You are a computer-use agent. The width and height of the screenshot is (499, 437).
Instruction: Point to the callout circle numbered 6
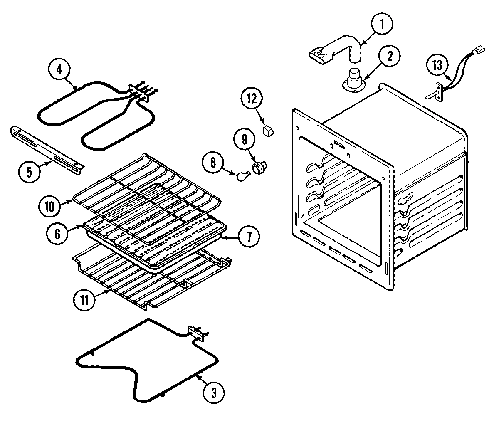click(x=57, y=234)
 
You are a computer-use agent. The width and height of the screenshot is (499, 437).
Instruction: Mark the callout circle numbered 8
click(x=214, y=163)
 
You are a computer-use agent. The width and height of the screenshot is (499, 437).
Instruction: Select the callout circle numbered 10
click(x=49, y=206)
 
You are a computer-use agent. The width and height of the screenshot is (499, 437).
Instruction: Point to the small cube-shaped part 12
click(x=267, y=131)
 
